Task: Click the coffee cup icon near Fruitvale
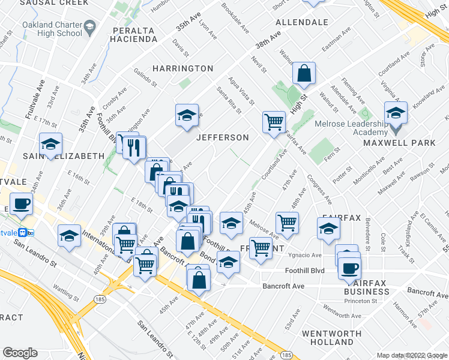point(21,203)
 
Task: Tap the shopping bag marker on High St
point(304,74)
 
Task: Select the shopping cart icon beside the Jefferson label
point(274,121)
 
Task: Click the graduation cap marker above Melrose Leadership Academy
point(396,112)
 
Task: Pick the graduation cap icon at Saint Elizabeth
point(51,143)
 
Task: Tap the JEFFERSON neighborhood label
point(223,137)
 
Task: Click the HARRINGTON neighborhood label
point(182,68)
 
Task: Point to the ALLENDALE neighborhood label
point(301,22)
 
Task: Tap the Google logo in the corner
point(20,353)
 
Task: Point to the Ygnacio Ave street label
point(307,254)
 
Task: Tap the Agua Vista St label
point(240,90)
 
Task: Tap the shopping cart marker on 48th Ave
point(287,222)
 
